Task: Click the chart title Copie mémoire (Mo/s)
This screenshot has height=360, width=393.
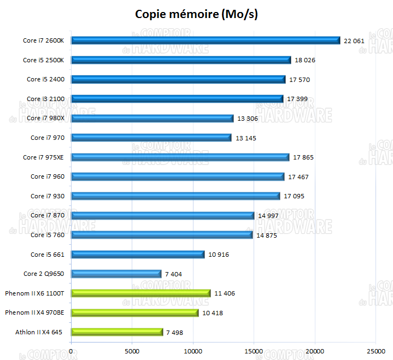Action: coord(196,14)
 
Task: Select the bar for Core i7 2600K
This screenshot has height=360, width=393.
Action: coord(206,40)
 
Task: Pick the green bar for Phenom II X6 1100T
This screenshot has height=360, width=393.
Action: coord(140,293)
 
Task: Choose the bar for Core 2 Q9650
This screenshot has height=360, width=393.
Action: coord(116,274)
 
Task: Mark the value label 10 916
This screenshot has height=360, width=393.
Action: coord(219,255)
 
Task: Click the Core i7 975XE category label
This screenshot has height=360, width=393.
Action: coord(44,157)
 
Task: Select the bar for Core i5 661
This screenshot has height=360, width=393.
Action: coord(138,255)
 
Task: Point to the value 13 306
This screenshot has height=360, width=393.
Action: coord(248,119)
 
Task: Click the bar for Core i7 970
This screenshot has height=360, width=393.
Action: coord(151,138)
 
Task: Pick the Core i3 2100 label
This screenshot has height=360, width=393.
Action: coord(45,99)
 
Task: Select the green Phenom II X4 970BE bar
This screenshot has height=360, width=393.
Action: coord(134,313)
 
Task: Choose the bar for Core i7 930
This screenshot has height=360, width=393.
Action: coord(175,196)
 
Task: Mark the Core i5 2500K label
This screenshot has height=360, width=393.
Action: coord(44,60)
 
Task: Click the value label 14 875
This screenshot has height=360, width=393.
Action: coord(267,235)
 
